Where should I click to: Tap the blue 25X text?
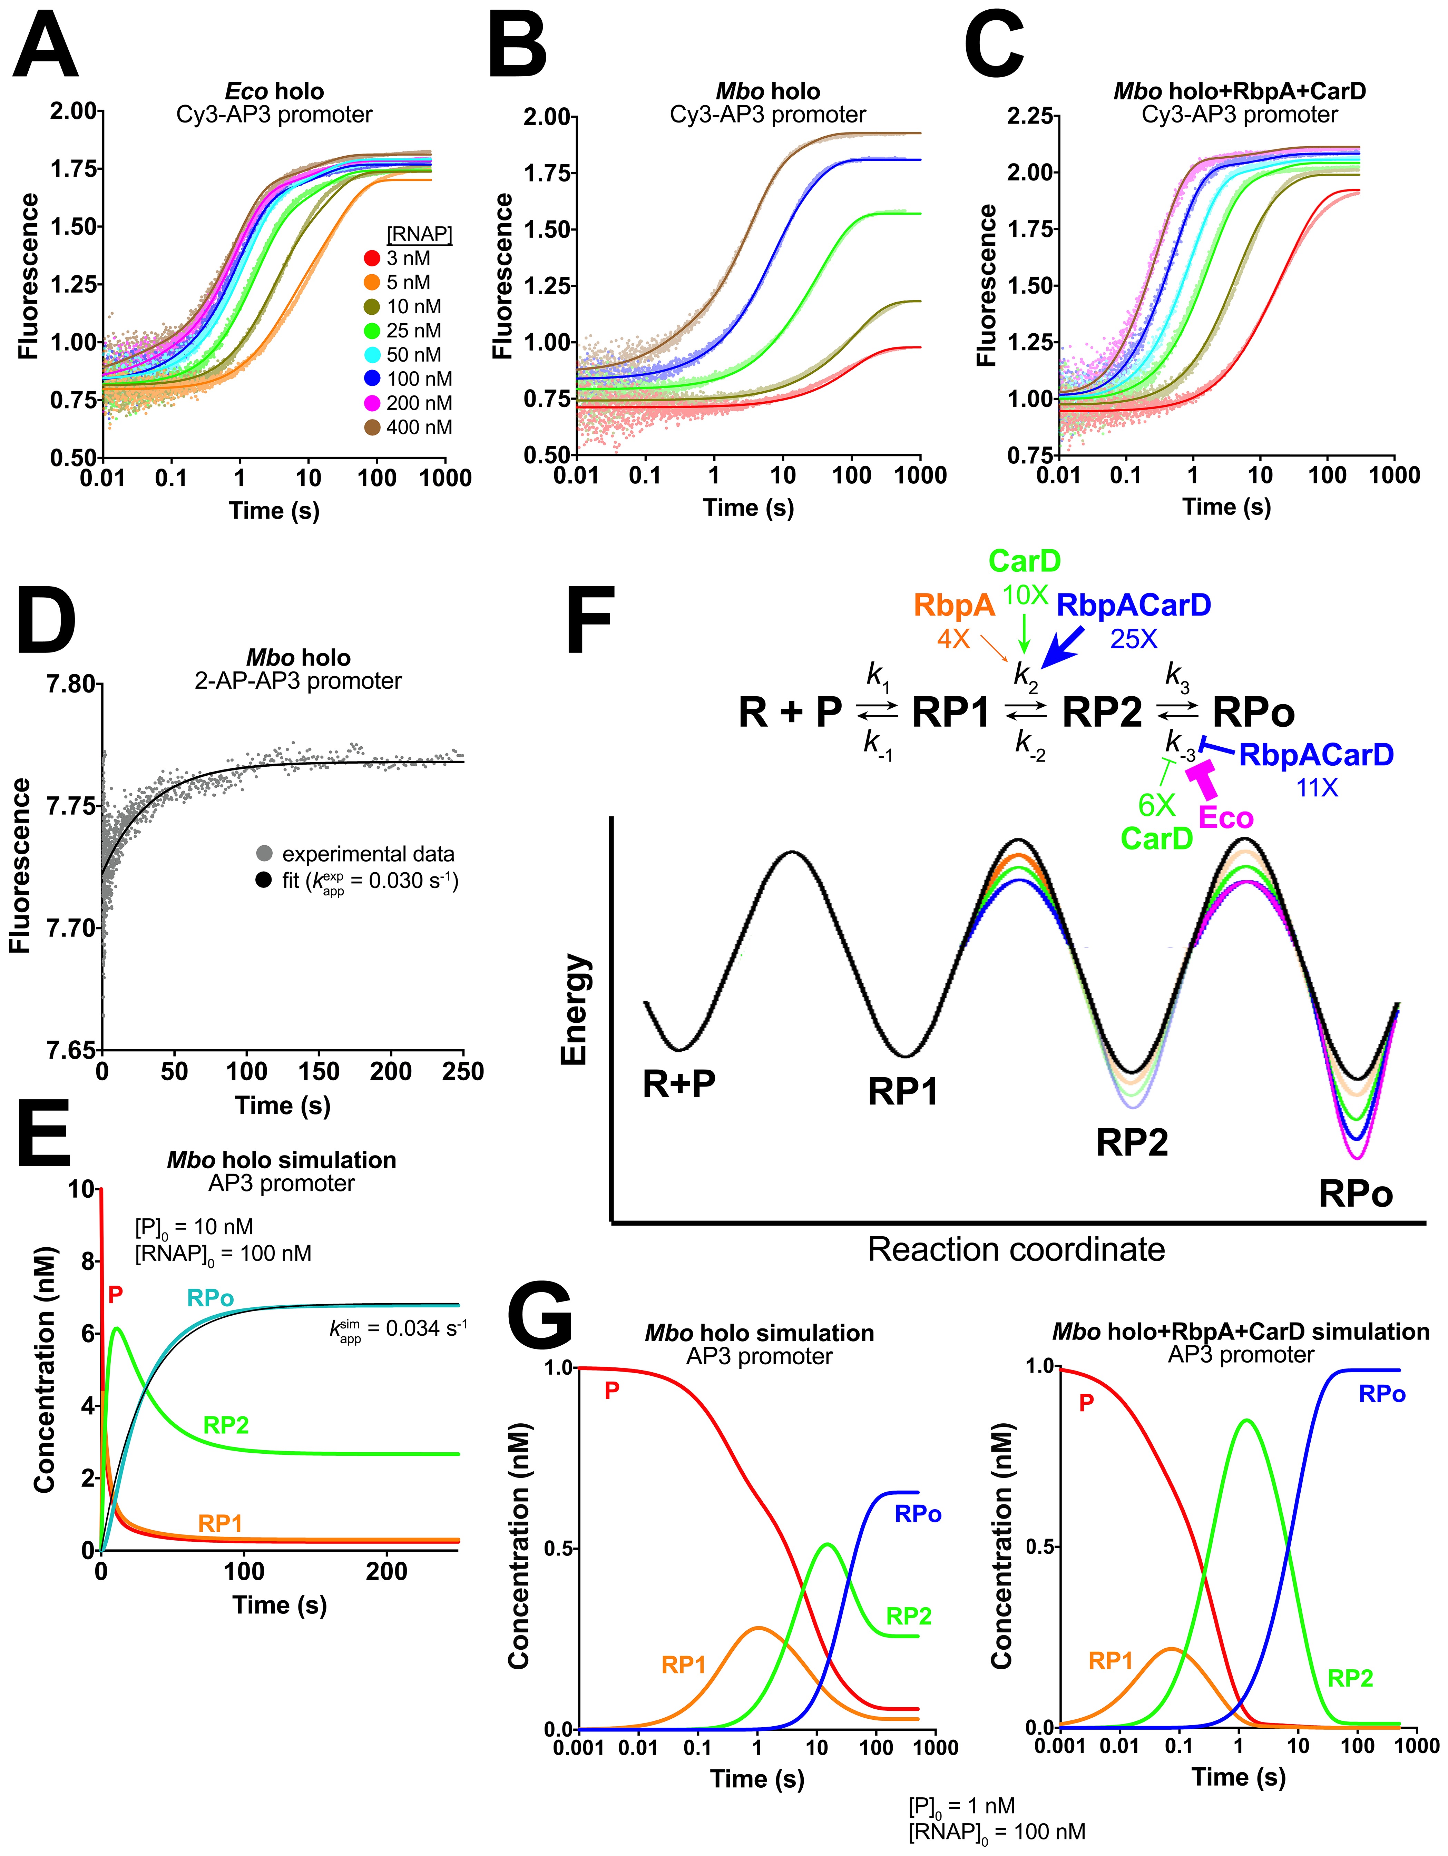[x=1134, y=639]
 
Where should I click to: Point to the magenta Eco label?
[x=1225, y=817]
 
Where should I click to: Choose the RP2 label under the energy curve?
[x=1132, y=1143]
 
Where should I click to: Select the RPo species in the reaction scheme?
[x=1253, y=712]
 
